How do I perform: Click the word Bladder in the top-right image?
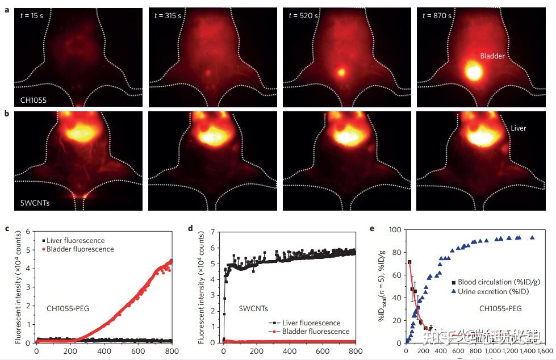click(492, 56)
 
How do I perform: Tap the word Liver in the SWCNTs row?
click(518, 128)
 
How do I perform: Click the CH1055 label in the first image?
click(32, 101)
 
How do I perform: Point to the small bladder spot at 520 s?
click(341, 72)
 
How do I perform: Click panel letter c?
click(6, 229)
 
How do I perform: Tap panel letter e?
click(371, 229)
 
